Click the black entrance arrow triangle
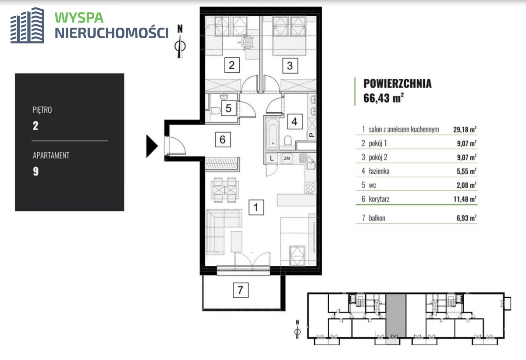[152, 146]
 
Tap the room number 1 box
[256, 207]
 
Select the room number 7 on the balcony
[241, 290]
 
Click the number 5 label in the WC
[228, 108]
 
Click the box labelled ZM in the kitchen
[287, 158]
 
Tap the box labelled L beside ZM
[272, 158]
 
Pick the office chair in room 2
[246, 42]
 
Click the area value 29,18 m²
[465, 129]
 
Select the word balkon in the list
[377, 218]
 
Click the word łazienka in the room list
[379, 171]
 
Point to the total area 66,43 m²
[384, 98]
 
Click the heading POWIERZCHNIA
[397, 83]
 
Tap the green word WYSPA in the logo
[79, 18]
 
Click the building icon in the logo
[27, 25]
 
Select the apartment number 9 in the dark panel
[36, 171]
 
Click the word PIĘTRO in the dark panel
[42, 110]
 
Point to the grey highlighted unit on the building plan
[396, 315]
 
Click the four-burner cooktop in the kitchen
[310, 188]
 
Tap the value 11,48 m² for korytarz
[465, 199]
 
